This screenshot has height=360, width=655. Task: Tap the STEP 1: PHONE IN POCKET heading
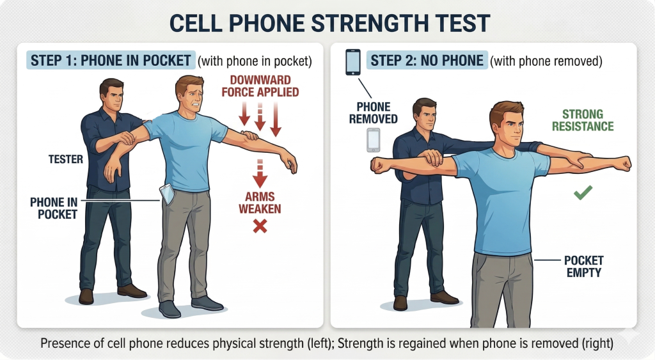tap(111, 61)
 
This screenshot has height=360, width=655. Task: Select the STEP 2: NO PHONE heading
tap(427, 61)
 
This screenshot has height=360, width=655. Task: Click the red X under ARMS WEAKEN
tap(260, 226)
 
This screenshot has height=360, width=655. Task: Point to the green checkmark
tap(583, 192)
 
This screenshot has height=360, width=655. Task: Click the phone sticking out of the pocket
tap(167, 194)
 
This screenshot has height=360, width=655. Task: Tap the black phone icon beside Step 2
tap(353, 62)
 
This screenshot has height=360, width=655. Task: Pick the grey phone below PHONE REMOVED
tap(374, 140)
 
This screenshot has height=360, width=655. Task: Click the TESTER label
tap(66, 159)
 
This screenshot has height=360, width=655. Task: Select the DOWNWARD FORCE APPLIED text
tap(260, 86)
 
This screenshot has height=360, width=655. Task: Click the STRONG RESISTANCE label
tap(583, 120)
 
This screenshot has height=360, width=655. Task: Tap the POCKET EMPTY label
tap(583, 267)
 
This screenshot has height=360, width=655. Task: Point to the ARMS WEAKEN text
tap(260, 203)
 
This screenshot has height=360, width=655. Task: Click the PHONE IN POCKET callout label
tap(54, 208)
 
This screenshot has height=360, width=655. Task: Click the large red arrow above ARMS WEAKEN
tap(260, 173)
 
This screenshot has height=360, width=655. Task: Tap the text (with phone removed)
tap(546, 61)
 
